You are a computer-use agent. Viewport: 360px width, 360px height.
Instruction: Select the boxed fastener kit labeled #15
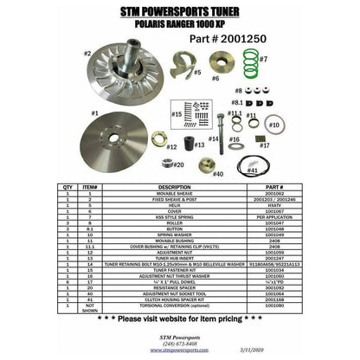pos(197,112)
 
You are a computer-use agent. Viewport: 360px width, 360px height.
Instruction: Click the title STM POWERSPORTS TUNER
pos(180,11)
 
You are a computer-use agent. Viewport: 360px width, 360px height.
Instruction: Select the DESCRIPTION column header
pos(173,186)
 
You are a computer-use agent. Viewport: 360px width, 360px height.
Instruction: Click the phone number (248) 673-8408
pos(178,343)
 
